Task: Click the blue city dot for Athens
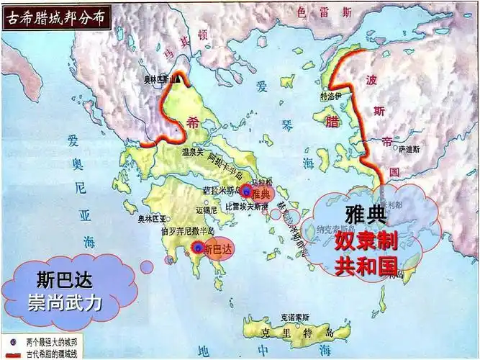tap(247, 192)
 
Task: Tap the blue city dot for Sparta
tap(199, 248)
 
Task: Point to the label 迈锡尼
tap(207, 211)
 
